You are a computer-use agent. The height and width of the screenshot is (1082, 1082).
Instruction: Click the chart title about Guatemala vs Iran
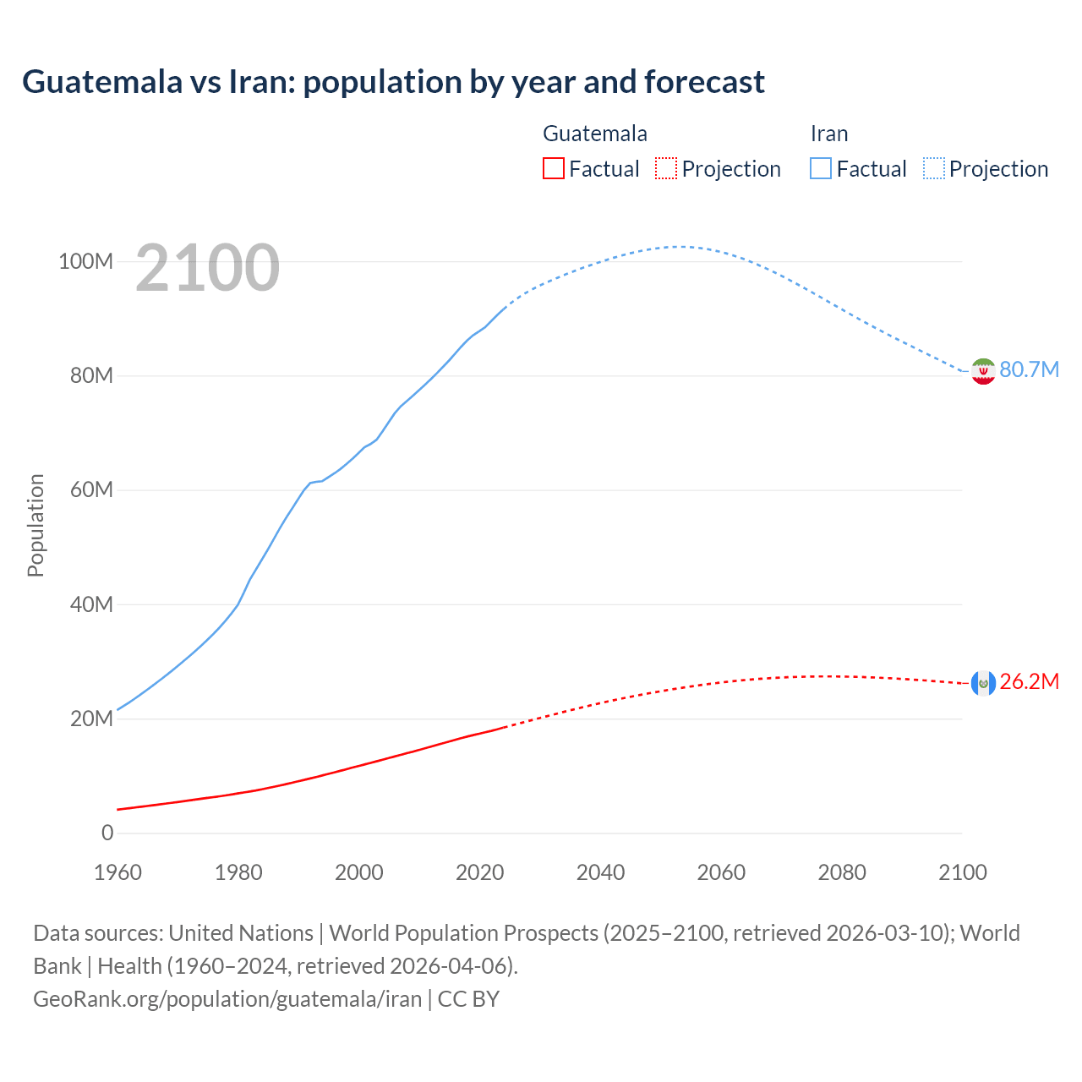[x=393, y=82]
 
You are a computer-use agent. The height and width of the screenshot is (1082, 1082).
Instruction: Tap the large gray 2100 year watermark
[x=207, y=268]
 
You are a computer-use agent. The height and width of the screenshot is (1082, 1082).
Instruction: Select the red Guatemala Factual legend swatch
[x=553, y=169]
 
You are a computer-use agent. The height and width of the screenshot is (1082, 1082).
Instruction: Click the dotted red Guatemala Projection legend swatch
[x=666, y=169]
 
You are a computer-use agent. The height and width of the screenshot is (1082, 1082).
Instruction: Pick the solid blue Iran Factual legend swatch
[x=821, y=169]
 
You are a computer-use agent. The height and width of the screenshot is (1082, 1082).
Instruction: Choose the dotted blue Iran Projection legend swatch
[x=933, y=169]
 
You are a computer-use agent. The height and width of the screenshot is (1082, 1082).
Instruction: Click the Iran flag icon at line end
[x=983, y=371]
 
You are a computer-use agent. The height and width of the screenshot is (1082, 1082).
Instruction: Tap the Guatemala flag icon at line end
[x=983, y=683]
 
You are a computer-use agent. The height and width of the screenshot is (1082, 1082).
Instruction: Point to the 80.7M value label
[x=1029, y=370]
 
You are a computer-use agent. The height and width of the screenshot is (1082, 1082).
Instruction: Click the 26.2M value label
[x=1029, y=682]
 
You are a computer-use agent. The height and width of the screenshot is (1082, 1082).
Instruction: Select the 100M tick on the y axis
[x=85, y=261]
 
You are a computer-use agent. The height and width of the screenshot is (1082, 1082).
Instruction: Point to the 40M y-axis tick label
[x=91, y=604]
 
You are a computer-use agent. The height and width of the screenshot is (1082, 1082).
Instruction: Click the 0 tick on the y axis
[x=107, y=833]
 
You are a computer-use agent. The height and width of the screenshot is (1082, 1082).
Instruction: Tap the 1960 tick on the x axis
[x=117, y=872]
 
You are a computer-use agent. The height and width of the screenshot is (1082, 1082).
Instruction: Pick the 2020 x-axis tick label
[x=480, y=872]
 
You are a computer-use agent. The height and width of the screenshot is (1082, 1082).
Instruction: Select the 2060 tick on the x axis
[x=721, y=872]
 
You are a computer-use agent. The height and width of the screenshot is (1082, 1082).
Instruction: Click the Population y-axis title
[x=36, y=525]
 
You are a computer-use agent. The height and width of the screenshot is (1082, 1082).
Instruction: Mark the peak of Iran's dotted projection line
[x=679, y=247]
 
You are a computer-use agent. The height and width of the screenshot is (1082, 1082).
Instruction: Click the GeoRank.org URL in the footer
[x=227, y=999]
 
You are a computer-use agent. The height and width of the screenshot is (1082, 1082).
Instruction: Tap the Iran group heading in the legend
[x=828, y=134]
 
